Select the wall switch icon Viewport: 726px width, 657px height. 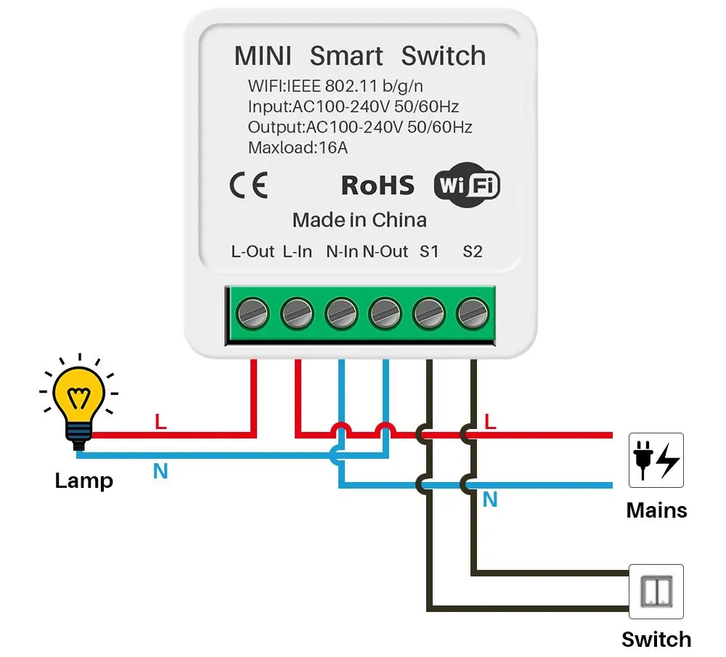[656, 592]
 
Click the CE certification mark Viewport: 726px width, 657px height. [249, 186]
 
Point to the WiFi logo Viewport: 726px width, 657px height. [467, 186]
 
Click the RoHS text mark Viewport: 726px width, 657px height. [378, 186]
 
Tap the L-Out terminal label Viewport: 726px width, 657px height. [253, 252]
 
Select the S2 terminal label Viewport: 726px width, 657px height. [473, 252]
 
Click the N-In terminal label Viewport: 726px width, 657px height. [342, 252]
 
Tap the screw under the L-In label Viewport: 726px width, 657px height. [297, 314]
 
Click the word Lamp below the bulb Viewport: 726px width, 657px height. [83, 481]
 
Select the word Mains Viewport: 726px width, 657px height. [656, 510]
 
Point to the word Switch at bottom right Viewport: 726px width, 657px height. [656, 640]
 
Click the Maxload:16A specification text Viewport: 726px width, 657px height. [298, 148]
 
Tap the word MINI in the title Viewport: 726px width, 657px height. [263, 56]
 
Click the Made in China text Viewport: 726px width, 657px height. [359, 220]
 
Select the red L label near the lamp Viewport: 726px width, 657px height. [160, 422]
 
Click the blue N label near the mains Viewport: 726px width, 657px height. [490, 499]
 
